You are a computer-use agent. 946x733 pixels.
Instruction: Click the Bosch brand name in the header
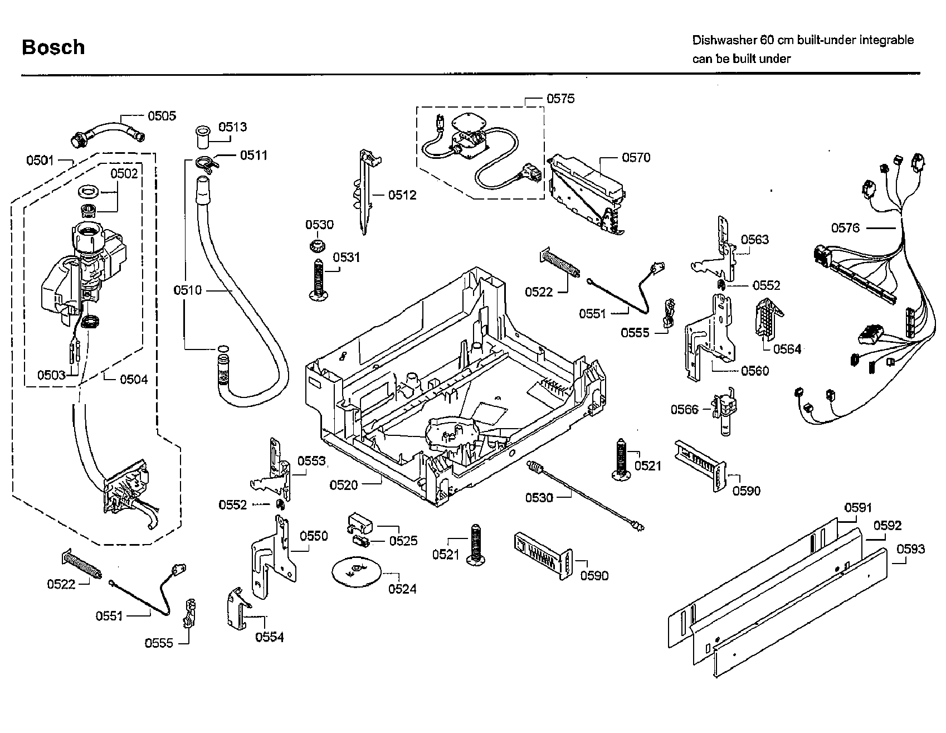point(53,47)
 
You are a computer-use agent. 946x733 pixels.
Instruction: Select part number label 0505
point(162,116)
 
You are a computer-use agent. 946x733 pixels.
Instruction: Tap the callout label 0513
point(232,127)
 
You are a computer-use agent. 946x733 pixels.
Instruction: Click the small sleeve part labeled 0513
point(201,137)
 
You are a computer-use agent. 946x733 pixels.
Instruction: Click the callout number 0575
point(560,99)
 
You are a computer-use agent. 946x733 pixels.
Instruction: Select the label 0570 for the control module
point(636,158)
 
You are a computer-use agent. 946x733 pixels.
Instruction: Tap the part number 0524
point(402,589)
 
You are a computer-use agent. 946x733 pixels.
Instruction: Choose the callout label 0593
point(910,549)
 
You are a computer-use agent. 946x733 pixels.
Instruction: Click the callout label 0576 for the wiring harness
point(845,227)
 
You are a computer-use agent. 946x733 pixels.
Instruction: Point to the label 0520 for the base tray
point(344,485)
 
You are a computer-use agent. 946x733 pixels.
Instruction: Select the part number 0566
point(684,410)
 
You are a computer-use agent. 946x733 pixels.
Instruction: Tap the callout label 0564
point(787,349)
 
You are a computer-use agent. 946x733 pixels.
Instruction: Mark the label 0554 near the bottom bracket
point(270,637)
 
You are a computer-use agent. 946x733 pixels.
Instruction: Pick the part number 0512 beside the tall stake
point(402,195)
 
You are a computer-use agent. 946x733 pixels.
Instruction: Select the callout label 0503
point(51,375)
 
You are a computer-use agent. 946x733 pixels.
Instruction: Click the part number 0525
point(403,541)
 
